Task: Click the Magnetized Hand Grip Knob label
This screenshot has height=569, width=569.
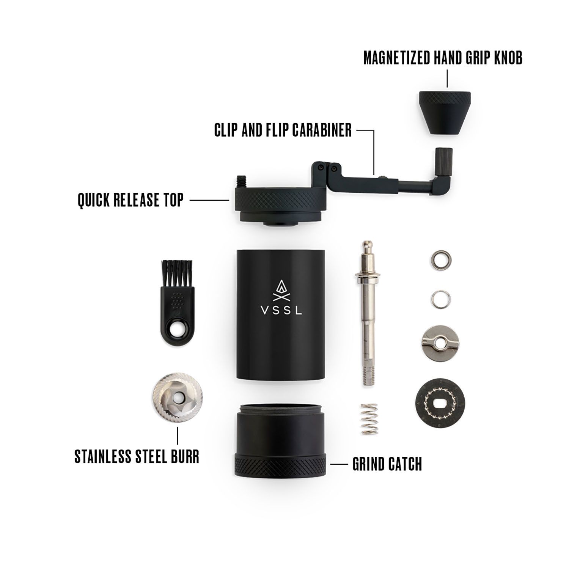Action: [443, 58]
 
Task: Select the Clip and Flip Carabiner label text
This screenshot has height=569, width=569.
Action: [283, 130]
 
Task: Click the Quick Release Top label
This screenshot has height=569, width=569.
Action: [130, 200]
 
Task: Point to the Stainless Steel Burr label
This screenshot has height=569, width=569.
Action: [137, 457]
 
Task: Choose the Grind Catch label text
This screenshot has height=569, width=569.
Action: [387, 464]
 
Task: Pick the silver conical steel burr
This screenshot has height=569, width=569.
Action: [177, 397]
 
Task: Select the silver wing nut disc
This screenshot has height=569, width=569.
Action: [440, 343]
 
